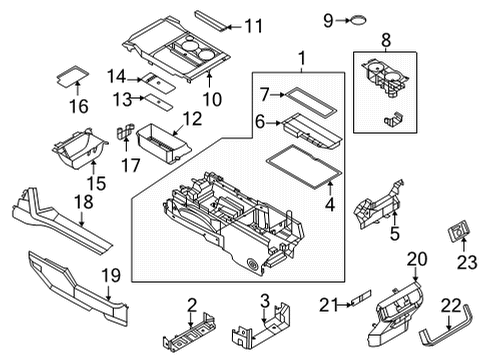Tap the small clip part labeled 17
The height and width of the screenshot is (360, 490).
point(124,133)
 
